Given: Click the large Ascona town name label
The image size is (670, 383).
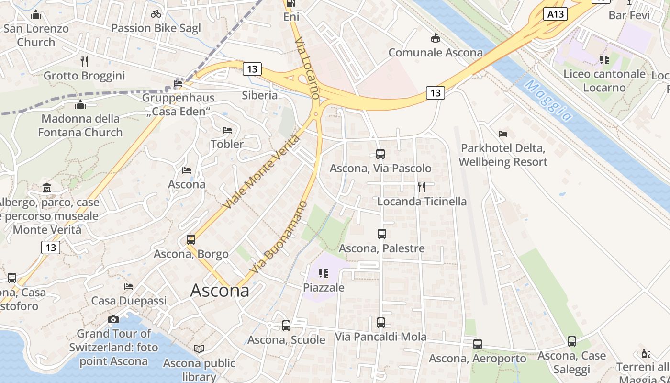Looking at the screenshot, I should tap(220, 291).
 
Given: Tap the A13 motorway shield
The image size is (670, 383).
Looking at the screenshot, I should tap(555, 14).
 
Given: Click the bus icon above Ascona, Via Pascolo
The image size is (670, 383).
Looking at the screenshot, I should tap(380, 154).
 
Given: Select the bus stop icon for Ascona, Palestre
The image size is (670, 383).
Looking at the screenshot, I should tap(381, 234).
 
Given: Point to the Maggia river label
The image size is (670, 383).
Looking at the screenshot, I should tap(548, 100).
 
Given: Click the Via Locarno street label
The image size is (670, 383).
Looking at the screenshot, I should tap(306, 68).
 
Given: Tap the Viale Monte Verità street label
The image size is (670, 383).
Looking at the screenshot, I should tap(261, 172).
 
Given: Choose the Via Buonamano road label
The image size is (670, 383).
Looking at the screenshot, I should tap(278, 238).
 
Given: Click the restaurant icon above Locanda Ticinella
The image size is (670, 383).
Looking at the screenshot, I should tap(422, 187).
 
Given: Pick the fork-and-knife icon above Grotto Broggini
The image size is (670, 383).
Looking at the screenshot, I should tap(84, 61).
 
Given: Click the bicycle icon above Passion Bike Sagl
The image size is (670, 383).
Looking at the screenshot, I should tap(156, 14).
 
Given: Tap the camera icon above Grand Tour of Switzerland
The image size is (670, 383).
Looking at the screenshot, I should tap(113, 319).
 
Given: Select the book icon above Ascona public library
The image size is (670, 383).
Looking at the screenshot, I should tap(199, 349).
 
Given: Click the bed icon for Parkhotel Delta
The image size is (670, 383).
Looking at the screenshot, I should tap(502, 134).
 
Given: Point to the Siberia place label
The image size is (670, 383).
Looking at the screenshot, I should tap(259, 95).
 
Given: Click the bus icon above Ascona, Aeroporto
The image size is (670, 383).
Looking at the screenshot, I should tap(477, 344).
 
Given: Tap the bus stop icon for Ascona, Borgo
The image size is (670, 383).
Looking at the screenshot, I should tap(191, 239).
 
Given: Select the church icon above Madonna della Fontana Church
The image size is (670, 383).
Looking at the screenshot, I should tap(80, 104).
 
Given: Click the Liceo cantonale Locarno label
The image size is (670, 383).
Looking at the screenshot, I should tap(604, 80).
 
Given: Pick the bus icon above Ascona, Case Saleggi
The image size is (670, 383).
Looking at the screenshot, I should tap(571, 341).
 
